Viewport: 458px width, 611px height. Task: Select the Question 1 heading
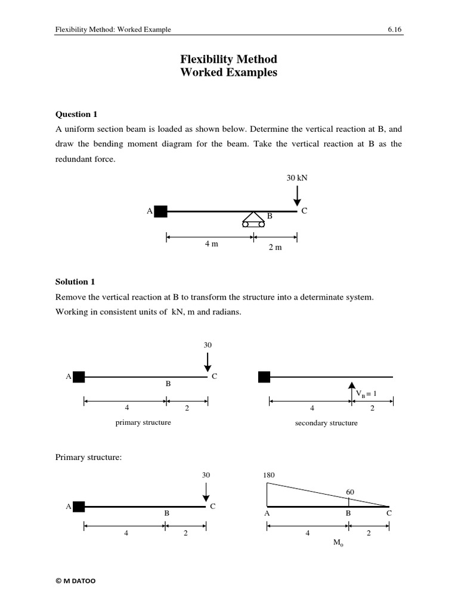(76, 114)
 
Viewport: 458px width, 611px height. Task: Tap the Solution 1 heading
(75, 281)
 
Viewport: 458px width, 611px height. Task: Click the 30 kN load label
(297, 178)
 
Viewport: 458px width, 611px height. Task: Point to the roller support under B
(253, 220)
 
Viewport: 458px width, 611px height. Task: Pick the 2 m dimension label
(275, 248)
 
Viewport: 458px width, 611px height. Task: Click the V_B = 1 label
(367, 394)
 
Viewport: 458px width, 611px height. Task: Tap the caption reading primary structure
(143, 422)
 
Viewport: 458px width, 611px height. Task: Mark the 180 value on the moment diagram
(267, 475)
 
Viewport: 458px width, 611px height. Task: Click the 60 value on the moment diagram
(351, 492)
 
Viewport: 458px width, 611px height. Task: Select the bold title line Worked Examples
(228, 73)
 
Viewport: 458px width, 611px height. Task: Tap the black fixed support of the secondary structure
(264, 377)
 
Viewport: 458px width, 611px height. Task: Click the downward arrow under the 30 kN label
(297, 195)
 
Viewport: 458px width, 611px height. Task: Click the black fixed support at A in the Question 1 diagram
(160, 211)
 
